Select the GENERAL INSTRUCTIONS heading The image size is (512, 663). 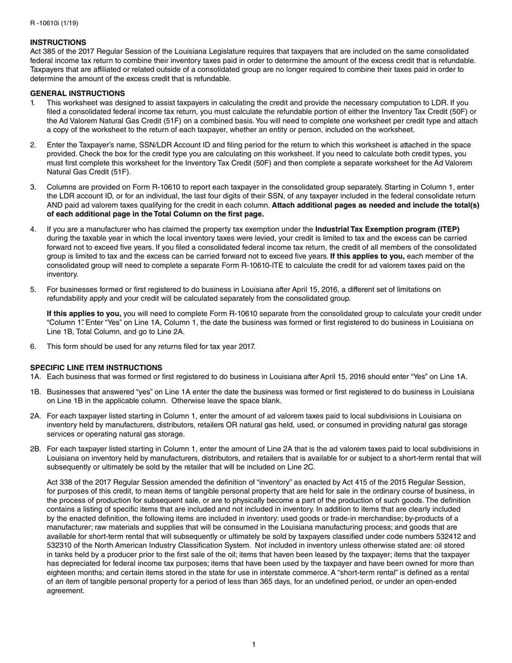point(77,93)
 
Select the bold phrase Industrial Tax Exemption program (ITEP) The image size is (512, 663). point(387,229)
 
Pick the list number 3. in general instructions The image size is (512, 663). point(33,187)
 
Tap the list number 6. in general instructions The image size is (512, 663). point(33,346)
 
